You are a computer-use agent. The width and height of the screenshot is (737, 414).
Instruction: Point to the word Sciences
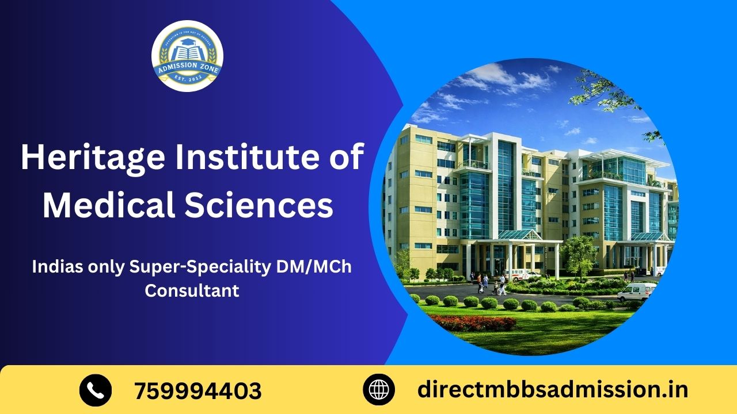click(276, 205)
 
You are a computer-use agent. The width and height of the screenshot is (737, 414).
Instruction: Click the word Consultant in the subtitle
click(192, 290)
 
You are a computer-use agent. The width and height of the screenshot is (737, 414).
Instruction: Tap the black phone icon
click(95, 390)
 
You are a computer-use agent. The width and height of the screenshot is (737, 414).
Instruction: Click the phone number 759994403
click(197, 391)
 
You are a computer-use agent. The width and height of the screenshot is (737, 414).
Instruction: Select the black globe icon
click(378, 390)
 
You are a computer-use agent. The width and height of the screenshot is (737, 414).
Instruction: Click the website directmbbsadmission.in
click(553, 390)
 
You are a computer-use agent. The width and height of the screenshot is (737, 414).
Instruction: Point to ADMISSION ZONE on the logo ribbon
click(187, 67)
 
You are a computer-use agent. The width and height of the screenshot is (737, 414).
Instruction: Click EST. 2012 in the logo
click(187, 80)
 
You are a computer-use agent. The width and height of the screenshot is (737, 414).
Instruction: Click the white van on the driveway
click(636, 292)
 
